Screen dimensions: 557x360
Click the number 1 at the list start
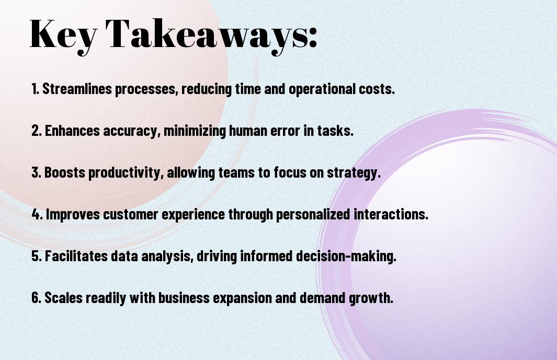(x=35, y=89)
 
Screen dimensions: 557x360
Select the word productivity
(x=126, y=173)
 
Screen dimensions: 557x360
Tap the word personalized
(x=313, y=215)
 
